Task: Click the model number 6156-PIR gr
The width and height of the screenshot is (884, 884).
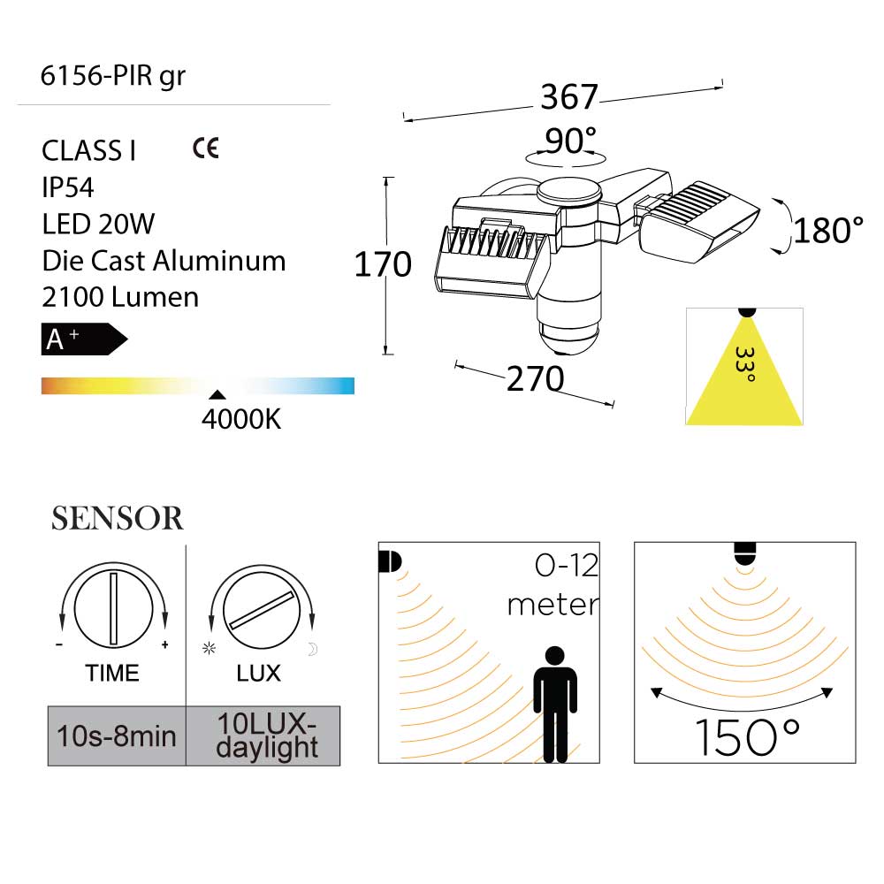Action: pyautogui.click(x=113, y=77)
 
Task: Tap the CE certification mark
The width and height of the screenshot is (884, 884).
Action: pyautogui.click(x=205, y=148)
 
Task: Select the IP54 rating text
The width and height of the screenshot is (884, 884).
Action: pyautogui.click(x=68, y=187)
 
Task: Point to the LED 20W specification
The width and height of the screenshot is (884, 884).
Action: pyautogui.click(x=98, y=224)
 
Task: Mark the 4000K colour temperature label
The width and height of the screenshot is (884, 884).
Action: pyautogui.click(x=240, y=419)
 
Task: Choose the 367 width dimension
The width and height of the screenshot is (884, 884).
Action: pyautogui.click(x=569, y=97)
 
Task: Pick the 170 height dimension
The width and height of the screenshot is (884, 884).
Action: pyautogui.click(x=383, y=264)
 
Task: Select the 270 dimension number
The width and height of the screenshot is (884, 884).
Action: pyautogui.click(x=535, y=379)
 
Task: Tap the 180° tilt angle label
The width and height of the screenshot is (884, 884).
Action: pyautogui.click(x=827, y=231)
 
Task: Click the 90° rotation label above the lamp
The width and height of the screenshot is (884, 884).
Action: pyautogui.click(x=570, y=141)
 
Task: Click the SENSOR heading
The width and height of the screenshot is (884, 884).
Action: pyautogui.click(x=118, y=519)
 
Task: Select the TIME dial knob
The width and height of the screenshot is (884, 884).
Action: pyautogui.click(x=112, y=608)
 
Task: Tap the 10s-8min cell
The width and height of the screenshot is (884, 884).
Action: pyautogui.click(x=116, y=735)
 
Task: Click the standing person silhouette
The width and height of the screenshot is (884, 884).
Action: pyautogui.click(x=555, y=703)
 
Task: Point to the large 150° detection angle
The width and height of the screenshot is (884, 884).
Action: pyautogui.click(x=746, y=737)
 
